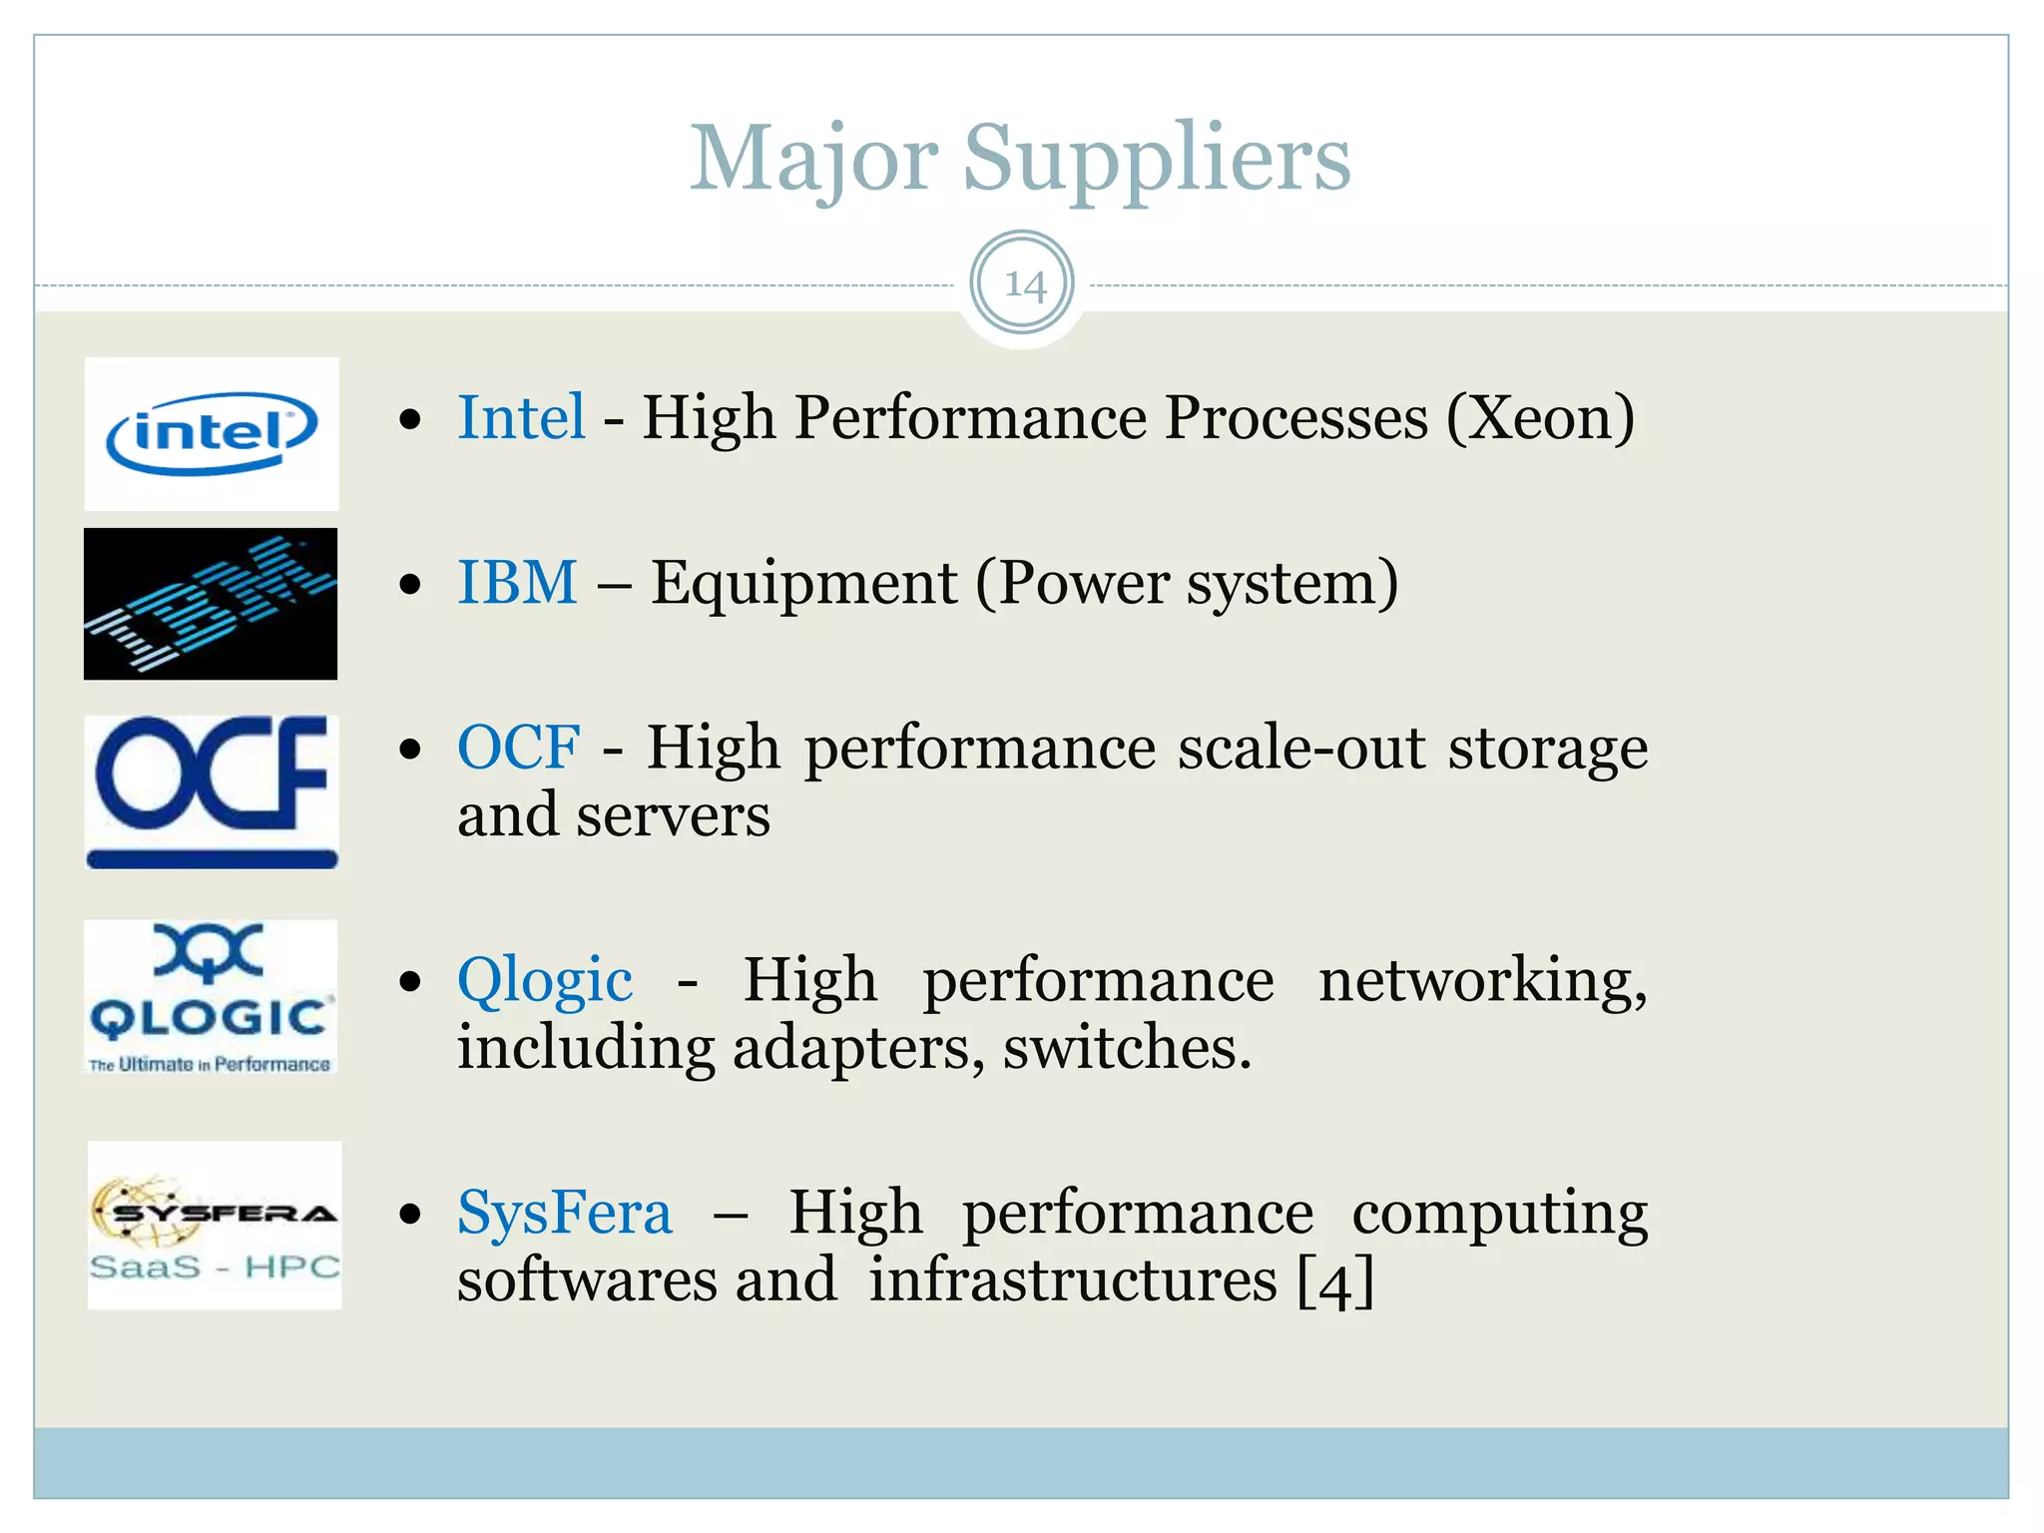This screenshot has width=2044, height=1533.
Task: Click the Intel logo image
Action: tap(212, 434)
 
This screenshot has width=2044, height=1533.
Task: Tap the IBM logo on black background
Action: tap(211, 604)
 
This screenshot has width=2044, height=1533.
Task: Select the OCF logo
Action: tap(212, 791)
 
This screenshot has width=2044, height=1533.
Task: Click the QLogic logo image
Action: tap(211, 996)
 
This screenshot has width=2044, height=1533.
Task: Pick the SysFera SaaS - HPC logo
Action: tap(215, 1225)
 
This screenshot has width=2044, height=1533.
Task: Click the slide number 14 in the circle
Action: tap(1023, 284)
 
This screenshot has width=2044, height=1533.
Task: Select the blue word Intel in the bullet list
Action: tap(521, 417)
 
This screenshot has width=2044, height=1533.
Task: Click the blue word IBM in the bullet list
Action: tap(517, 582)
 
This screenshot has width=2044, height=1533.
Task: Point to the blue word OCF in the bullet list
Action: tap(518, 748)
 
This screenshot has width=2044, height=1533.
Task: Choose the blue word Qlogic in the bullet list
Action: tap(545, 981)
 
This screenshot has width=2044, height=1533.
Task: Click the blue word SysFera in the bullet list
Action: tap(565, 1214)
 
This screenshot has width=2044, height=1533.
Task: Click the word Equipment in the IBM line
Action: tap(803, 583)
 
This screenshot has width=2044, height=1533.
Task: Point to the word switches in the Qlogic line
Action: tap(1127, 1048)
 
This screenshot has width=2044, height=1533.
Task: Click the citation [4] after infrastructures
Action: tap(1335, 1281)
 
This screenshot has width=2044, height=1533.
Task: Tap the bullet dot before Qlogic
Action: tap(409, 982)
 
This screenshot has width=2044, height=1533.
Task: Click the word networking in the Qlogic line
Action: tap(1482, 981)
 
